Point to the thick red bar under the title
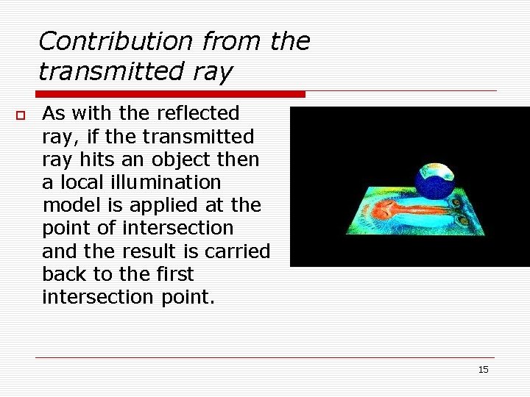[169, 94]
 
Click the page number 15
[483, 369]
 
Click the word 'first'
[174, 274]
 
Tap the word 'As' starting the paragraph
[54, 113]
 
